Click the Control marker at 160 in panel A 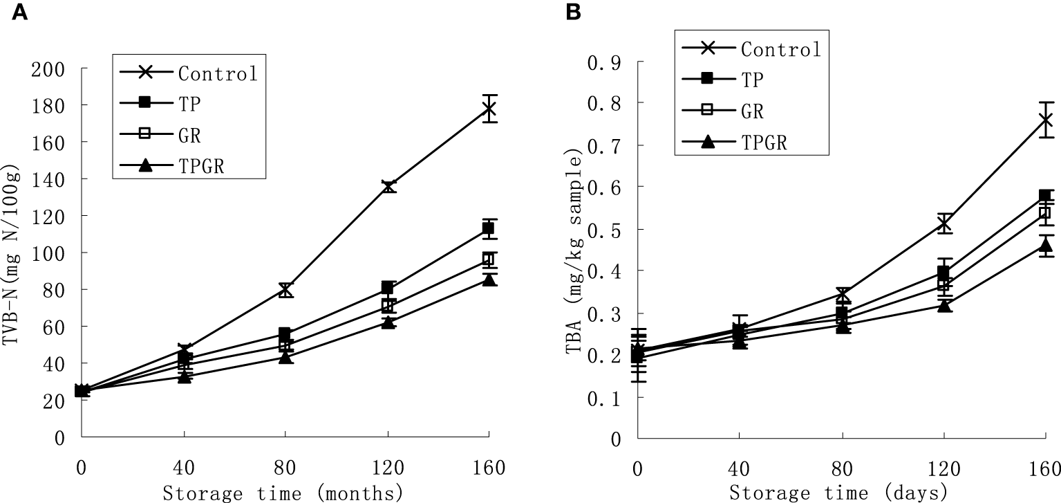tap(489, 109)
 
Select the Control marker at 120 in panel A tap(388, 186)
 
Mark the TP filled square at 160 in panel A tap(489, 228)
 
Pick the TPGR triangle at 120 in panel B tap(944, 305)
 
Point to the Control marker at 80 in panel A tap(286, 290)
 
